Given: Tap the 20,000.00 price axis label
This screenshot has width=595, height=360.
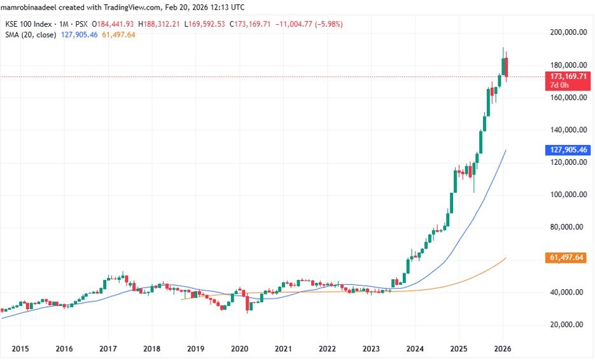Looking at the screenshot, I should coord(568,324).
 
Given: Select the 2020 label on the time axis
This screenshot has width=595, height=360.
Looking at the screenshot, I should coord(239,349).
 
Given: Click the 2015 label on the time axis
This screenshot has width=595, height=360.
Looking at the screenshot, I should coord(20,349).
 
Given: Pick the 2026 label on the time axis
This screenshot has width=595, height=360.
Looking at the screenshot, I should coord(503,349).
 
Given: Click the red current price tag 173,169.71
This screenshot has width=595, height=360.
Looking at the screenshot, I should coord(568,76).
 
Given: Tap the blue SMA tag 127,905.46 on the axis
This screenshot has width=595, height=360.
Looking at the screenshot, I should coord(568,150).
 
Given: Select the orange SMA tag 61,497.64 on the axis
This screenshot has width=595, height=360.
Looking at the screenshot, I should coord(568,258).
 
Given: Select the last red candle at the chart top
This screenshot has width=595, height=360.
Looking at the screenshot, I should coord(507,67).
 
